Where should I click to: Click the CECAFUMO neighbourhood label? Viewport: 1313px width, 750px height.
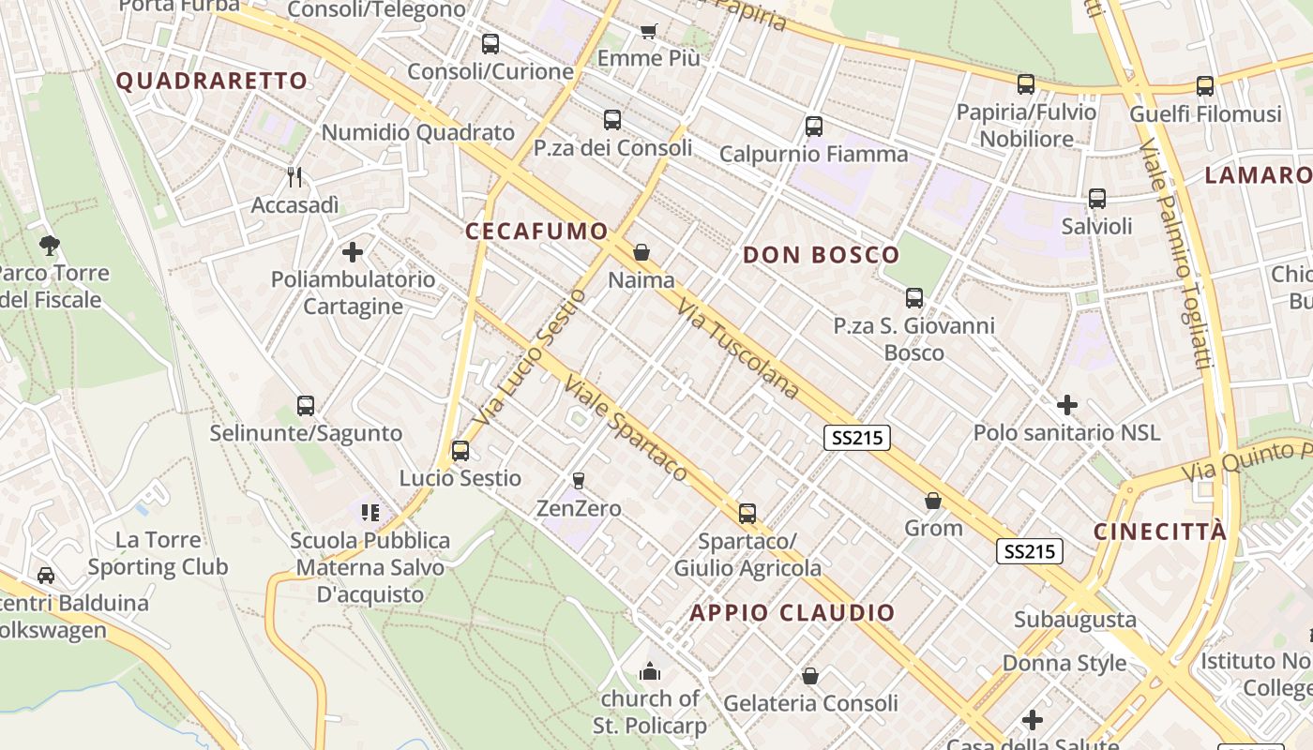coord(536,232)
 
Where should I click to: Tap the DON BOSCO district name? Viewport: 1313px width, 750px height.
coord(821,255)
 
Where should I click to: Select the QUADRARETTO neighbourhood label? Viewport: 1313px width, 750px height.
coord(212,81)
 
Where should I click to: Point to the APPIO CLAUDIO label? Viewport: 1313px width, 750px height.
coord(792,613)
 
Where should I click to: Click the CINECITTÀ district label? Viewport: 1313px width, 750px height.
coord(1160,532)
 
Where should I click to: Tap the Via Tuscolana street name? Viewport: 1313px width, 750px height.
coord(738,349)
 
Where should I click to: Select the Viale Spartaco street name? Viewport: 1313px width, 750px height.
coord(626,428)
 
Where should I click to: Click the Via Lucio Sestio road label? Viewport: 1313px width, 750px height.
coord(531,367)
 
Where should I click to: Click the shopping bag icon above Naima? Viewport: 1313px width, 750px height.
coord(641,252)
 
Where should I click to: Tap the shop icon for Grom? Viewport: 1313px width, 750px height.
coord(933,501)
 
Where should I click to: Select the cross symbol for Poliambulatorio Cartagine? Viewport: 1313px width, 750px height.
coord(353,251)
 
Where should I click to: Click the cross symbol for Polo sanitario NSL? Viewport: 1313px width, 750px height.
coord(1066,405)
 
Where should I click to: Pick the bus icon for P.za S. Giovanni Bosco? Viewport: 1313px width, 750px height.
coord(914,298)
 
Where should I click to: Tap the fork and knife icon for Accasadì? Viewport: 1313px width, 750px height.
coord(294,176)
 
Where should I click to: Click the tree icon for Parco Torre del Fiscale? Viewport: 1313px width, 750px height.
coord(50,246)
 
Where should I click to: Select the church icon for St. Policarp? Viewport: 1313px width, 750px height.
coord(649,671)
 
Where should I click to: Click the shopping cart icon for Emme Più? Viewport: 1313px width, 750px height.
coord(648,31)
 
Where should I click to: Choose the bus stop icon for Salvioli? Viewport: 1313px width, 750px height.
coord(1096,199)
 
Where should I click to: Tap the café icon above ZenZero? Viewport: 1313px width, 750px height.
coord(579,480)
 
